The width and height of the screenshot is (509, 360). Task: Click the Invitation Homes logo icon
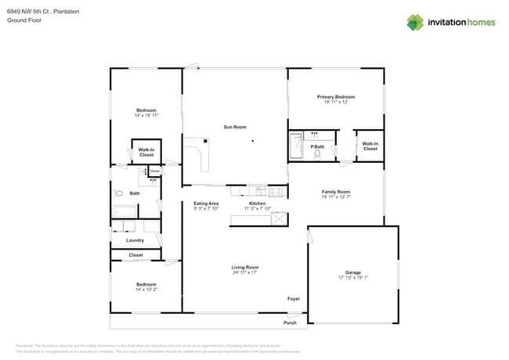(415, 22)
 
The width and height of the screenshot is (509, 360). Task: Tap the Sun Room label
(234, 126)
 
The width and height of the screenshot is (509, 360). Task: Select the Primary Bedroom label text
(336, 97)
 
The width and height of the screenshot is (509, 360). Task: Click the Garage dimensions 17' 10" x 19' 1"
(353, 277)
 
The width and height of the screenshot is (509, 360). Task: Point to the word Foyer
(294, 298)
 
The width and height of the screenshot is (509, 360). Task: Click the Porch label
(290, 322)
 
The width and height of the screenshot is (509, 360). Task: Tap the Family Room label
(336, 191)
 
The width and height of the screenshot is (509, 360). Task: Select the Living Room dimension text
(245, 272)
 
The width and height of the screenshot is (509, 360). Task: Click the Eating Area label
(206, 203)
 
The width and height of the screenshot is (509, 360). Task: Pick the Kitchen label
(257, 203)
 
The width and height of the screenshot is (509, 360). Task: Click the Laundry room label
(135, 240)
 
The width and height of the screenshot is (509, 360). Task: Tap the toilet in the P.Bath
(318, 154)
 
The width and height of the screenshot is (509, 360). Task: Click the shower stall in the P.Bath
(297, 145)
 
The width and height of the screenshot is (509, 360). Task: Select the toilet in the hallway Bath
(117, 193)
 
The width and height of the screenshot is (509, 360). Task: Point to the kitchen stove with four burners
(276, 190)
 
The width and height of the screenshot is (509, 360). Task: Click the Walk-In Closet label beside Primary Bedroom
(370, 146)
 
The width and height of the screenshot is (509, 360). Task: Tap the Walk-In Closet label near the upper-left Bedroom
(146, 153)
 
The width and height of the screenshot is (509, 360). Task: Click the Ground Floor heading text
(23, 21)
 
